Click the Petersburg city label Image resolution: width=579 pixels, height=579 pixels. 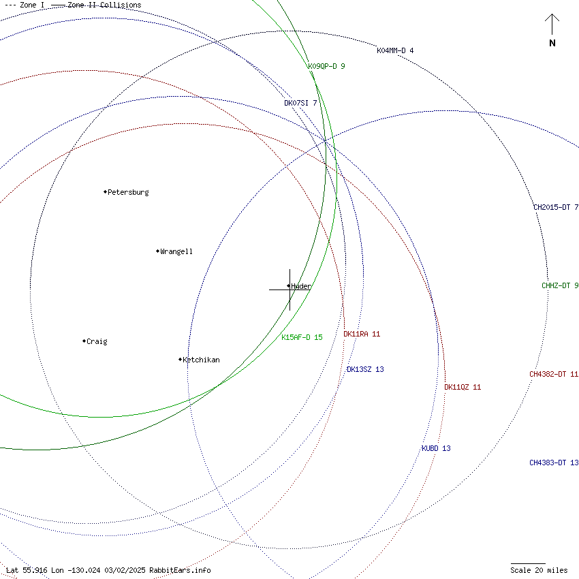coord(128,192)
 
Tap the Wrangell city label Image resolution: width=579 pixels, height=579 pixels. coord(176,251)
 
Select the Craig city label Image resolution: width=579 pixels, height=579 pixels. coord(97,341)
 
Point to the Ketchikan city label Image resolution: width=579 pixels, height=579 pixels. coord(201,360)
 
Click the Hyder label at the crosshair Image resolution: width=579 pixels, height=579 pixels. coord(300,286)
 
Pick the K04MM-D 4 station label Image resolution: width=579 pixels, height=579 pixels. coord(395,50)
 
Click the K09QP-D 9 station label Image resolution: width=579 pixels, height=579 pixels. coord(326,66)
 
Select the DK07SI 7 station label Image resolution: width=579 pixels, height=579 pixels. coord(300,103)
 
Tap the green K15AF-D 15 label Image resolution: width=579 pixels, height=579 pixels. coord(302,337)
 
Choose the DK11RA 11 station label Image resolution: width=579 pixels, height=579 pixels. coord(362,334)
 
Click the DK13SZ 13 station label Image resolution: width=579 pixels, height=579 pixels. coord(365,369)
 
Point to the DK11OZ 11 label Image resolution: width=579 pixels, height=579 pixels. coord(463,387)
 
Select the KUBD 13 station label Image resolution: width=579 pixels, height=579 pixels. coord(436,448)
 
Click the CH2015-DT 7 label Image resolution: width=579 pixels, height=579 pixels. coord(556,207)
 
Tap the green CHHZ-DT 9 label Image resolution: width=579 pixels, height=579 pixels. coord(560,285)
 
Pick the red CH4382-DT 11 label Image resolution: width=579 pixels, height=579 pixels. coord(554,374)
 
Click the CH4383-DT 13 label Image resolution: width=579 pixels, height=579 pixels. coord(554,463)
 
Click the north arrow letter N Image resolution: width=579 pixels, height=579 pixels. coord(552,44)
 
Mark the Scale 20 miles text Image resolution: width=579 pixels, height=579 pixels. coord(539,570)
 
